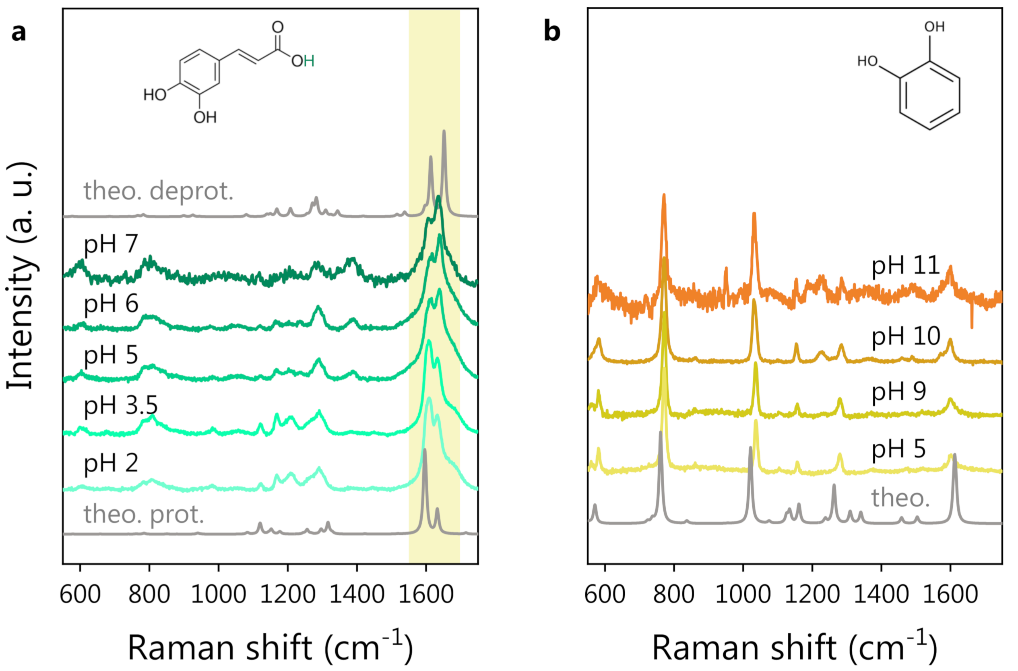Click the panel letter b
pos(551,32)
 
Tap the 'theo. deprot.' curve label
pos(158,191)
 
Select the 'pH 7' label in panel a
pos(111,245)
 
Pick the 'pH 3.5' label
pos(121,405)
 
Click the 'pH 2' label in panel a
pos(111,463)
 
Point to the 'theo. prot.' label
pos(144,514)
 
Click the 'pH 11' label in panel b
pos(906,266)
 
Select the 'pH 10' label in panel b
pos(906,336)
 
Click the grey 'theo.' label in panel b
pos(900,498)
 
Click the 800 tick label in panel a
pos(149,595)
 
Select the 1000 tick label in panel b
pos(743,595)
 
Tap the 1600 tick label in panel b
pos(950,595)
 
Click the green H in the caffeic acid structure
pos(309,62)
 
